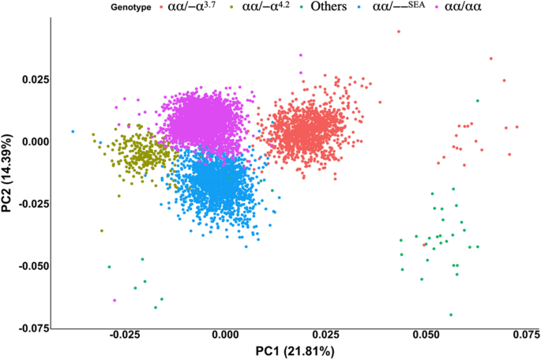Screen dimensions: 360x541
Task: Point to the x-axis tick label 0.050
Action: click(426, 335)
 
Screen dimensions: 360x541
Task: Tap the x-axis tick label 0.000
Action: click(224, 335)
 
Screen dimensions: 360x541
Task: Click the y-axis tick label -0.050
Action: click(27, 266)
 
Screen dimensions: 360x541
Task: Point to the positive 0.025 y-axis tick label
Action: click(30, 80)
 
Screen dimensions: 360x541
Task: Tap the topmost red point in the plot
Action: click(399, 32)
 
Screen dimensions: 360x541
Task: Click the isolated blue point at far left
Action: click(73, 131)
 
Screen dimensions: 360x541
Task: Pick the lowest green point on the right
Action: click(451, 314)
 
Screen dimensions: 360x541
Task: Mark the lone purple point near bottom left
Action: click(115, 300)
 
